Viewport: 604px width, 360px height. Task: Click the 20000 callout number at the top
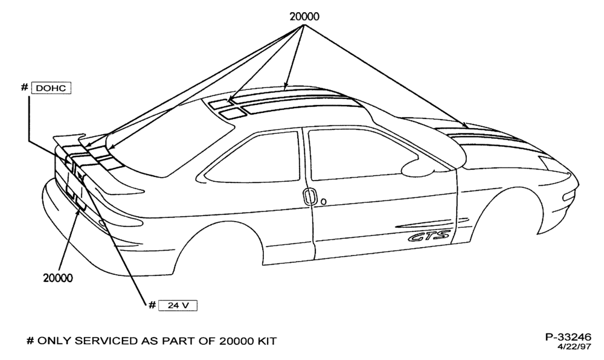point(304,16)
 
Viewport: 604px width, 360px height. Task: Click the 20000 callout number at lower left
point(58,278)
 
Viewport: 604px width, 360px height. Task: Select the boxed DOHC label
point(51,88)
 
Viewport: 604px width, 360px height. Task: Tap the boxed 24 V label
point(178,306)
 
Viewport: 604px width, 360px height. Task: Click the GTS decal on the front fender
point(429,236)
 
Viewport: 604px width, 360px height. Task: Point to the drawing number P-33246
point(568,337)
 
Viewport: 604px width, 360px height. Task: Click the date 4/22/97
point(574,347)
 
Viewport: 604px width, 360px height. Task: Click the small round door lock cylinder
point(324,201)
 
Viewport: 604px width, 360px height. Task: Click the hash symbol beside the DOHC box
point(24,88)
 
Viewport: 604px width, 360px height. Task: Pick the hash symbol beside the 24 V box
point(152,305)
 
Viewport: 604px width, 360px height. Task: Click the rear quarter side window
point(252,158)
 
